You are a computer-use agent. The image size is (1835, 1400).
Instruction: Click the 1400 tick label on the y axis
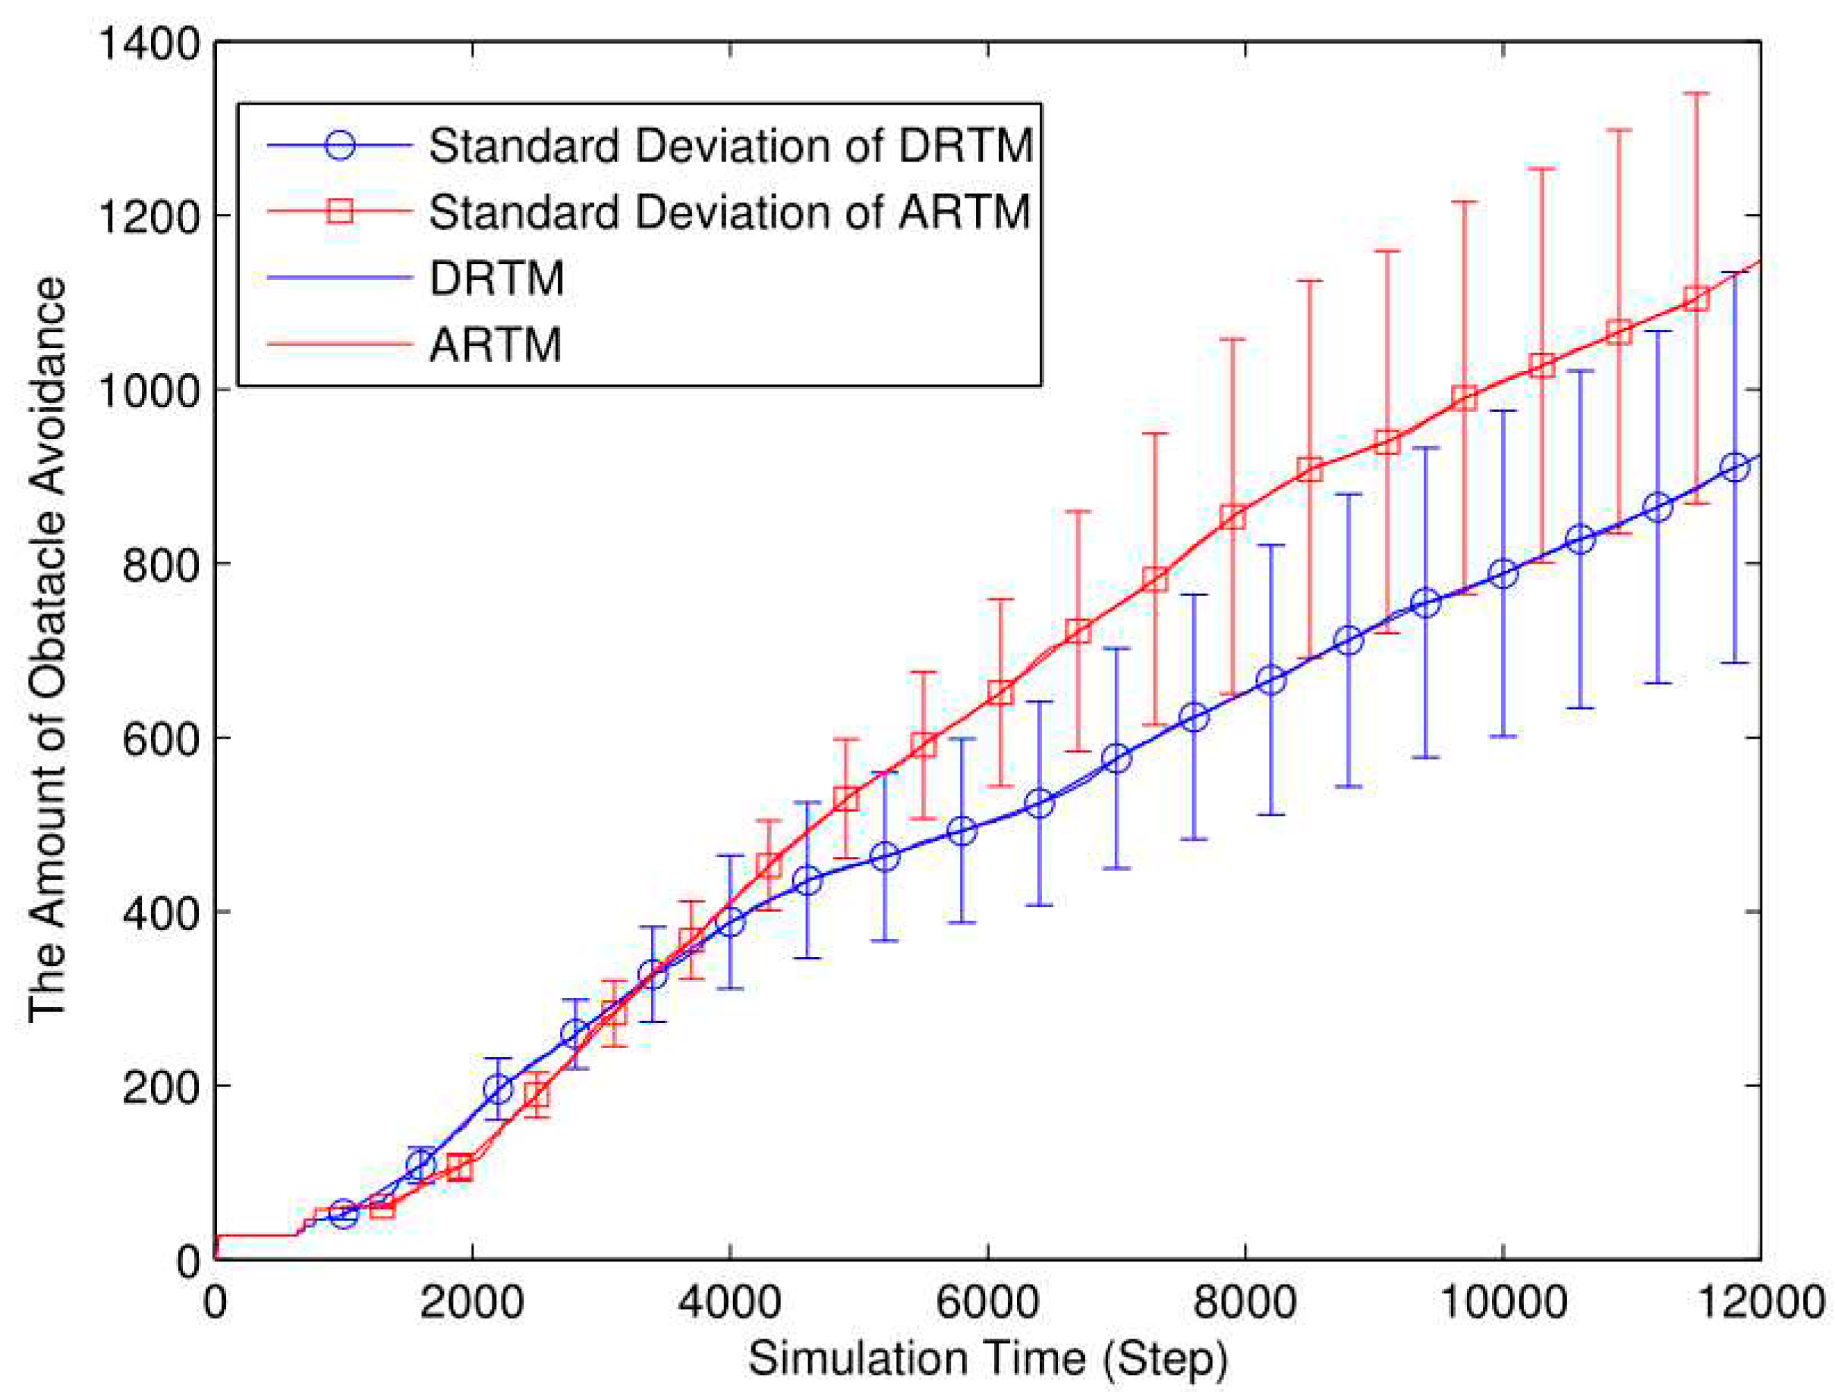[150, 43]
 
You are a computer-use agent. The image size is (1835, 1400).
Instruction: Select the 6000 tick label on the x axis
[987, 1301]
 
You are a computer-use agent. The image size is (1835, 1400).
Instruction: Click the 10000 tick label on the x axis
[1502, 1301]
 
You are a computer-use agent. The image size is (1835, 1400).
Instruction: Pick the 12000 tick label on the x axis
[1759, 1301]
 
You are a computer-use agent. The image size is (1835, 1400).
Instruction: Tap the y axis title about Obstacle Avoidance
[48, 650]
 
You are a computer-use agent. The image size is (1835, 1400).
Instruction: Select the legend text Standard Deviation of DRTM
[730, 146]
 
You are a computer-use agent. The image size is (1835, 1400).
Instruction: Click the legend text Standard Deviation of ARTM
[730, 212]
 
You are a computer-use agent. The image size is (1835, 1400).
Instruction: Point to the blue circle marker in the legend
[340, 145]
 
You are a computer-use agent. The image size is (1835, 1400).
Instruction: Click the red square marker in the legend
[340, 212]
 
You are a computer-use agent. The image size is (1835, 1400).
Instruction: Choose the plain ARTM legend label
[496, 344]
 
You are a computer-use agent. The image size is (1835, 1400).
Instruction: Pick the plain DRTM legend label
[497, 278]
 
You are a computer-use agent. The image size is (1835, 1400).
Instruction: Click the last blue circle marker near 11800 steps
[1734, 467]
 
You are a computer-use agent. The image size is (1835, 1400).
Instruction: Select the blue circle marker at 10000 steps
[1503, 573]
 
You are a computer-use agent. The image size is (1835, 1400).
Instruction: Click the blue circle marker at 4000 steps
[730, 922]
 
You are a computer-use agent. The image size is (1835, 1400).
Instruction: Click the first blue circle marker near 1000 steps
[344, 1214]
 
